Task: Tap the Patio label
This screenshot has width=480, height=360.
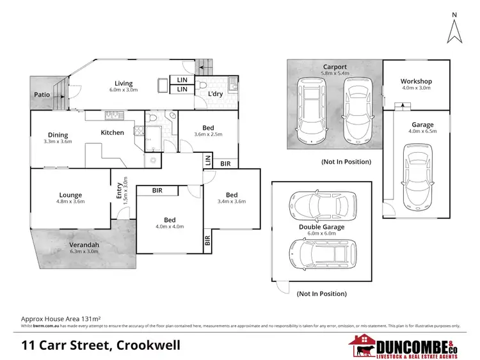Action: pyautogui.click(x=42, y=95)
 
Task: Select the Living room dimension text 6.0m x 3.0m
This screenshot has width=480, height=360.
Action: pyautogui.click(x=123, y=90)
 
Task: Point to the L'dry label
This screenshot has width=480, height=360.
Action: pyautogui.click(x=215, y=94)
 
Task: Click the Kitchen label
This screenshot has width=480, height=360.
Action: pyautogui.click(x=112, y=132)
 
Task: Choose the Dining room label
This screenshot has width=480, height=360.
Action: pyautogui.click(x=58, y=134)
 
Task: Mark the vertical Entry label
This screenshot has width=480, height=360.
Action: pyautogui.click(x=119, y=191)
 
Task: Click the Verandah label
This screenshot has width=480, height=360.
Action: pyautogui.click(x=84, y=245)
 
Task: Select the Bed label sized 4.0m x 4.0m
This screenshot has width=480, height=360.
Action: pyautogui.click(x=170, y=219)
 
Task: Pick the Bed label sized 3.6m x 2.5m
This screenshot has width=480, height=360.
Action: pyautogui.click(x=209, y=128)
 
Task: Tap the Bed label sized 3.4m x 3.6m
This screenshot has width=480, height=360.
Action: pyautogui.click(x=231, y=195)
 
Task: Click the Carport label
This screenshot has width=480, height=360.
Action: pyautogui.click(x=334, y=66)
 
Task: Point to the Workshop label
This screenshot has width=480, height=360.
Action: pyautogui.click(x=416, y=81)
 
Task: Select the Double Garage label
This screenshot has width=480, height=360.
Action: pyautogui.click(x=321, y=227)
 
